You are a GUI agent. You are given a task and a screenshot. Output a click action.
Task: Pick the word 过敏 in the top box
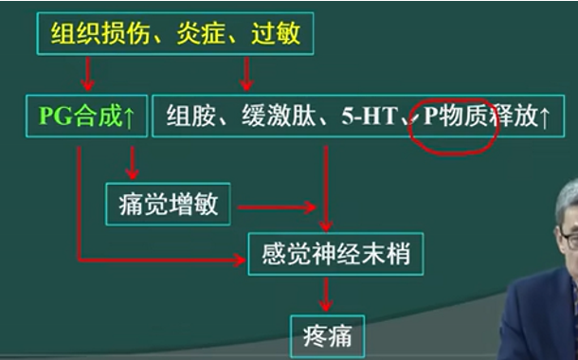pos(276,35)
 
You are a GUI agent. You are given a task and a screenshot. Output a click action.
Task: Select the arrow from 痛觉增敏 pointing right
pos(275,206)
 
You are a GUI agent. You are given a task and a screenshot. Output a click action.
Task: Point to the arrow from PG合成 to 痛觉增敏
pos(132,163)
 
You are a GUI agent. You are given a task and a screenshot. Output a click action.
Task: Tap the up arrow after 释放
pos(543,117)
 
